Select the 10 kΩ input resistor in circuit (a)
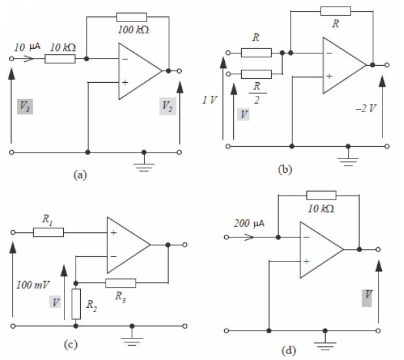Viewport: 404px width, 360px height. pos(60,59)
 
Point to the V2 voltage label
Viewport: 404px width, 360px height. pos(167,107)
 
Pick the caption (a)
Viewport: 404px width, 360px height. pos(80,174)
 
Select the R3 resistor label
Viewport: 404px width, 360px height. pos(120,297)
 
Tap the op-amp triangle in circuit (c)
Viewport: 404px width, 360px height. pos(126,245)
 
